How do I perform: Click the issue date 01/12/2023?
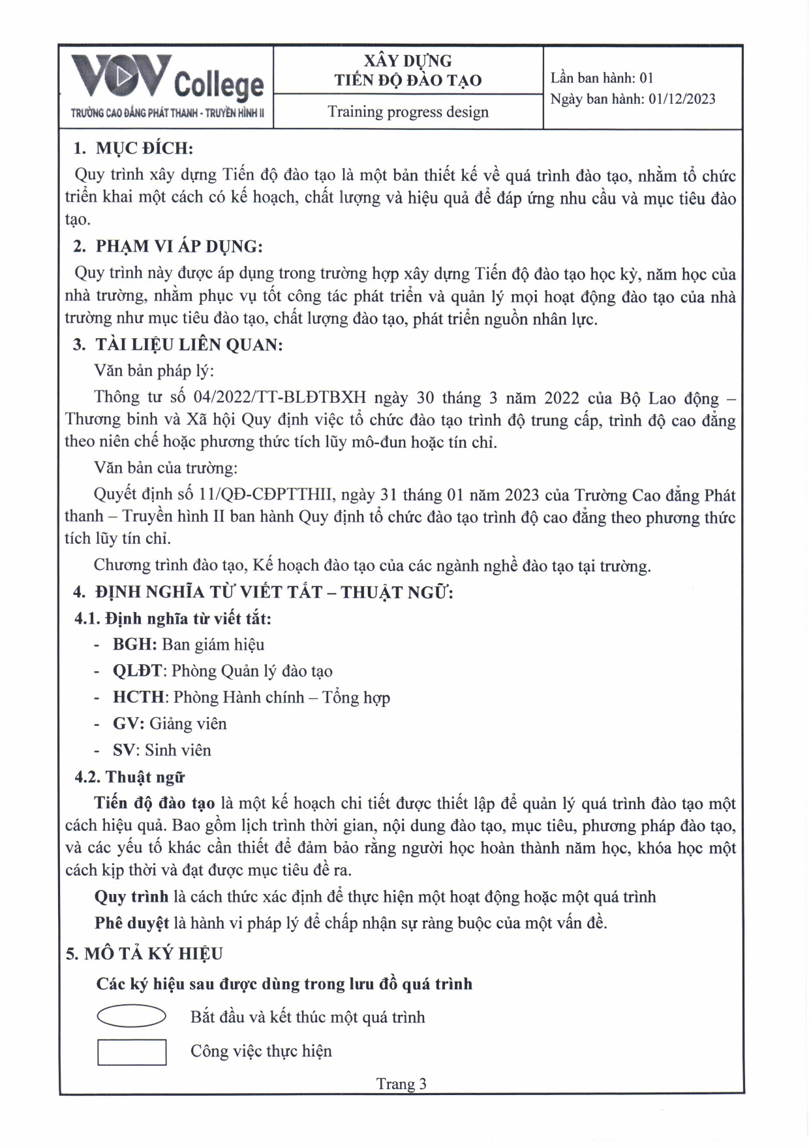coord(682,99)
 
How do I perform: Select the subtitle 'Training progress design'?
coord(408,112)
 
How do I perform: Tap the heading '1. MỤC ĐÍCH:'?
coord(133,148)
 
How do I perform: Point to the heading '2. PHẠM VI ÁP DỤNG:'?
coord(168,246)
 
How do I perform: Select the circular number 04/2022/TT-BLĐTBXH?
coord(280,397)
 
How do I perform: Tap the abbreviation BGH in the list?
coord(134,645)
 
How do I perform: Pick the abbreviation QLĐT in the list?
coord(137,671)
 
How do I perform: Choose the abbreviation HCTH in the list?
coord(138,697)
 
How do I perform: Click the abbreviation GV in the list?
coord(127,724)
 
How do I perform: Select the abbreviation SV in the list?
coord(125,750)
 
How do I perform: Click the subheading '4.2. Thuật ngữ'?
coord(130,777)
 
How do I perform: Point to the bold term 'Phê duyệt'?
coord(131,923)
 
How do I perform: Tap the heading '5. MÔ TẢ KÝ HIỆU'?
coord(144,954)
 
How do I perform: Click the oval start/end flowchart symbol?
coord(131,1016)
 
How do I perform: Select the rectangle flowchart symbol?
coord(132,1051)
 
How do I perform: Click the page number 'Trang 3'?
coord(401,1084)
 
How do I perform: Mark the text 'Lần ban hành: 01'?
coord(602,78)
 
